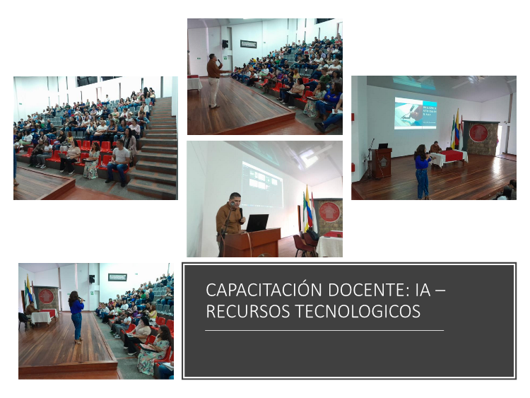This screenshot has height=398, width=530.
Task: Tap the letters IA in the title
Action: [x=423, y=290]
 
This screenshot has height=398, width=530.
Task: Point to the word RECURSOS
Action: [x=248, y=311]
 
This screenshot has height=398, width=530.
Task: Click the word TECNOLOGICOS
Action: [x=358, y=311]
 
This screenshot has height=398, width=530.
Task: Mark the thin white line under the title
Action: [x=324, y=330]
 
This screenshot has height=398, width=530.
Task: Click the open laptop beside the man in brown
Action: [x=257, y=223]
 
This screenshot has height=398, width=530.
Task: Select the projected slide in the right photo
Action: [x=416, y=113]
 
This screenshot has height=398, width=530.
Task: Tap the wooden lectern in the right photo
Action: [x=382, y=163]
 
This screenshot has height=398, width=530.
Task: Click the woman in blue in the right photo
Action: [x=423, y=172]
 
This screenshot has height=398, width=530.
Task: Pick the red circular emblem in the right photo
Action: [x=478, y=133]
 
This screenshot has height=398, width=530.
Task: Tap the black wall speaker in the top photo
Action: [x=225, y=44]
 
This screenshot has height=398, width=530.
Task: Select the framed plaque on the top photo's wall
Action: [x=249, y=44]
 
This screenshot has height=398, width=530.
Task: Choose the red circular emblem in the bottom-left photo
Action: [x=47, y=296]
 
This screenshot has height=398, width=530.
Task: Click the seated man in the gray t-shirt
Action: [x=119, y=163]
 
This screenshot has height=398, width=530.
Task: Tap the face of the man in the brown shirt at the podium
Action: [x=235, y=199]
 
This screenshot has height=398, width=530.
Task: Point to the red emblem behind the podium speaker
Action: [x=329, y=211]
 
